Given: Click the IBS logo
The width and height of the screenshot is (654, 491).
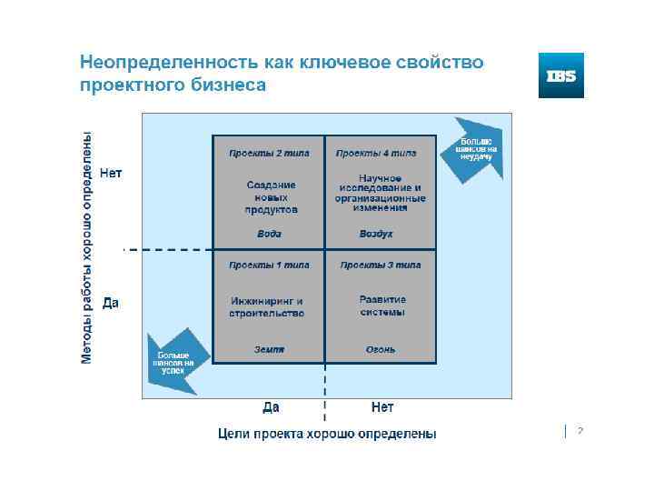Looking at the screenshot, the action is click(560, 75).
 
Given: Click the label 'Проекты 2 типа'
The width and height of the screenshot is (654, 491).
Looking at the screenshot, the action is click(269, 154).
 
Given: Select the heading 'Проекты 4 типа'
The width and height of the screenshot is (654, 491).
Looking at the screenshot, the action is click(376, 154).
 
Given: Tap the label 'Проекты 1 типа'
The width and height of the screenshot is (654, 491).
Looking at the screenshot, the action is click(269, 266).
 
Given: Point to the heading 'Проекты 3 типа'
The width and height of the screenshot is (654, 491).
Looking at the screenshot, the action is click(380, 266).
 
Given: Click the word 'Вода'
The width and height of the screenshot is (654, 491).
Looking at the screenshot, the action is click(269, 234).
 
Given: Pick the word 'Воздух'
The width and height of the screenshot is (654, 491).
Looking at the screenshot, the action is click(376, 234).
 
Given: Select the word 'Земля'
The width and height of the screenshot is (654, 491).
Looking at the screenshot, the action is click(269, 349).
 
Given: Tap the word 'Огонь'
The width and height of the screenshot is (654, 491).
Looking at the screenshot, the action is click(381, 349).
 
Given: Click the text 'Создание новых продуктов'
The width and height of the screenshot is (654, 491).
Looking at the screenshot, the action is click(271, 196).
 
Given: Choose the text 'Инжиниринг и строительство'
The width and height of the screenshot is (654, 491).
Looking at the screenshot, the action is click(267, 306).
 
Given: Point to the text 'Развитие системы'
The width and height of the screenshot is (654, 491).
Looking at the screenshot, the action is click(382, 306).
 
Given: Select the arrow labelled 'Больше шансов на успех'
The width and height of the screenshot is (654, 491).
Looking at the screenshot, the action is click(174, 361).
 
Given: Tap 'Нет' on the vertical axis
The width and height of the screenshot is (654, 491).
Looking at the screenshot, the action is click(110, 174).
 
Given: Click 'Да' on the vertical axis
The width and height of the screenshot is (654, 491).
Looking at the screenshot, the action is click(110, 303).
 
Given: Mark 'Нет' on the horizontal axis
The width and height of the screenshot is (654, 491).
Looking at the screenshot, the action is click(382, 406).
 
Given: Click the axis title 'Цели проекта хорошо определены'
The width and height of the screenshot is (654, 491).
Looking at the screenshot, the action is click(327, 434).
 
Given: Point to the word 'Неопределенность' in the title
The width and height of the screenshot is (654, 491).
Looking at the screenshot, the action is click(167, 64).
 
